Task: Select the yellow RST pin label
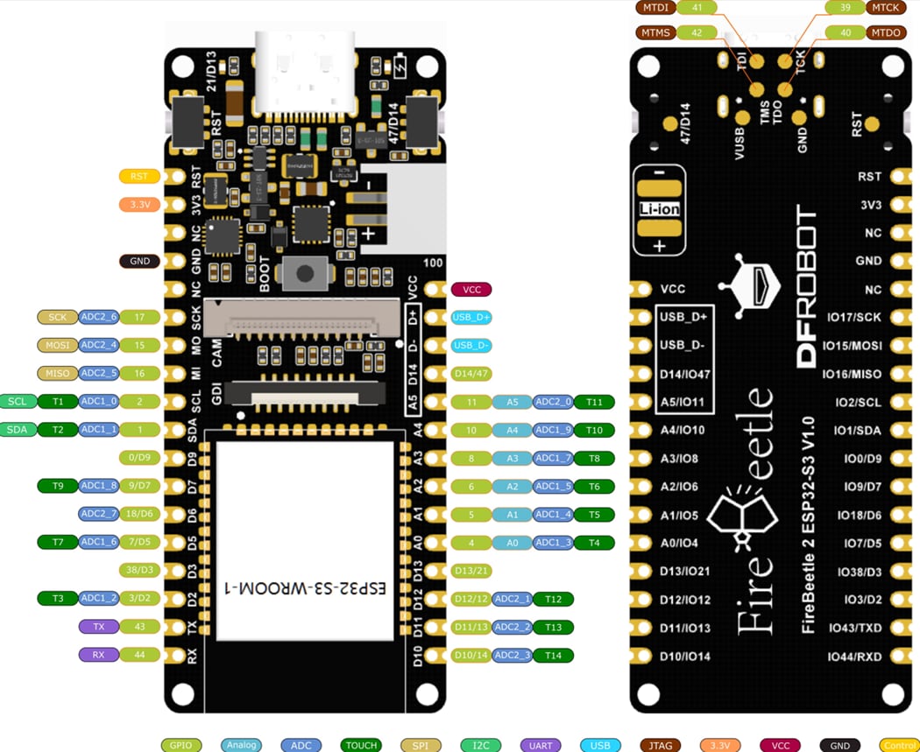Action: click(139, 176)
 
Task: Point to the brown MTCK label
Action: click(887, 8)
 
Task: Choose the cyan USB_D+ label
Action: click(471, 317)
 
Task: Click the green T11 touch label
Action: click(594, 402)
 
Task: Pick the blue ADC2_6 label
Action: click(98, 317)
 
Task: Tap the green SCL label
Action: click(18, 402)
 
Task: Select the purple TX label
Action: click(97, 627)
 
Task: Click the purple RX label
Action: click(97, 655)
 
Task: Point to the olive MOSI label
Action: click(57, 345)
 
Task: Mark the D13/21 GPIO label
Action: click(471, 571)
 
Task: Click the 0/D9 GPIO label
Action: click(139, 458)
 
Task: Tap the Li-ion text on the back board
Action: click(659, 210)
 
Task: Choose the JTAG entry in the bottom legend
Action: click(661, 745)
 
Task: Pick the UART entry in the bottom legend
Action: click(541, 745)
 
